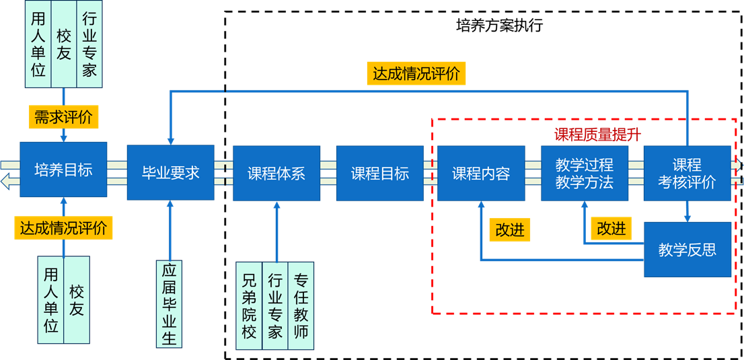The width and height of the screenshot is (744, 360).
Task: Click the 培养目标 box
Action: (63, 170)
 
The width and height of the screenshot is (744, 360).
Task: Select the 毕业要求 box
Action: (170, 172)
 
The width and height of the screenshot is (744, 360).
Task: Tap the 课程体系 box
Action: (276, 173)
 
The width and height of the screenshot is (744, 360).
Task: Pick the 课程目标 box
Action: (379, 173)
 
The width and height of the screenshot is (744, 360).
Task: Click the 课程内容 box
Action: (481, 173)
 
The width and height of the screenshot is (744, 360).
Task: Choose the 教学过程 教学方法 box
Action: (585, 173)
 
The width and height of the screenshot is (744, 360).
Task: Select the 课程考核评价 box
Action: (687, 173)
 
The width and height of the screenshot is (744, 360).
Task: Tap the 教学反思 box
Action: (687, 250)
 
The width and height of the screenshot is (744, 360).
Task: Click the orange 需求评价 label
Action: (64, 117)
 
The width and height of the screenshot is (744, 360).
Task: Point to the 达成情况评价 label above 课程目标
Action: (416, 73)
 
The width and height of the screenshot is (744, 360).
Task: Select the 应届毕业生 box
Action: (169, 303)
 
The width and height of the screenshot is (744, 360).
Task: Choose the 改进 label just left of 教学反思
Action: (611, 228)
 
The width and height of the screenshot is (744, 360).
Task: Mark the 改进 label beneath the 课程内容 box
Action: (509, 229)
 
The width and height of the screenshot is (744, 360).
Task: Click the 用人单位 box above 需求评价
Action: (38, 44)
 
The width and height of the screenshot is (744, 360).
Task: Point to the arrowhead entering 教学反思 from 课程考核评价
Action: (687, 218)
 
